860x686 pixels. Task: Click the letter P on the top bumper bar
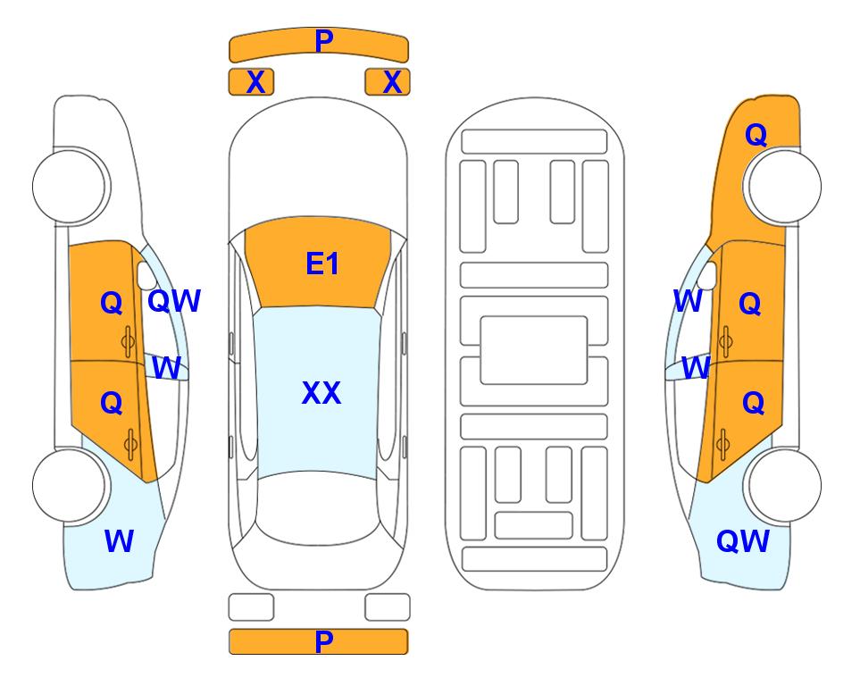point(323,41)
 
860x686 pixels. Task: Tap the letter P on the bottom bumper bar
point(323,641)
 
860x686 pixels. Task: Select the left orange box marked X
point(251,82)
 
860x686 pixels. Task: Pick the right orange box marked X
point(388,82)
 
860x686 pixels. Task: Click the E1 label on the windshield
point(322,264)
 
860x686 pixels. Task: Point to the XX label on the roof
point(321,393)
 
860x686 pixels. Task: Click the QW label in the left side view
point(174,301)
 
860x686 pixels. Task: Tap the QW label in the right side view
point(743,541)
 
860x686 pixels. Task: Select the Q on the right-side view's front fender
point(756,135)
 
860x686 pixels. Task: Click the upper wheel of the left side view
point(69,186)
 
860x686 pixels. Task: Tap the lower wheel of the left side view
point(69,485)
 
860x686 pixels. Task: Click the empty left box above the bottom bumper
point(251,607)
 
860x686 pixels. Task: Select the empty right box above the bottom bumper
point(388,607)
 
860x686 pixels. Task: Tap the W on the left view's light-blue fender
point(119,541)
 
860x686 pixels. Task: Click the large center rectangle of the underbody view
point(534,350)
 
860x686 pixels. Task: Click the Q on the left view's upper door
point(112,303)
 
